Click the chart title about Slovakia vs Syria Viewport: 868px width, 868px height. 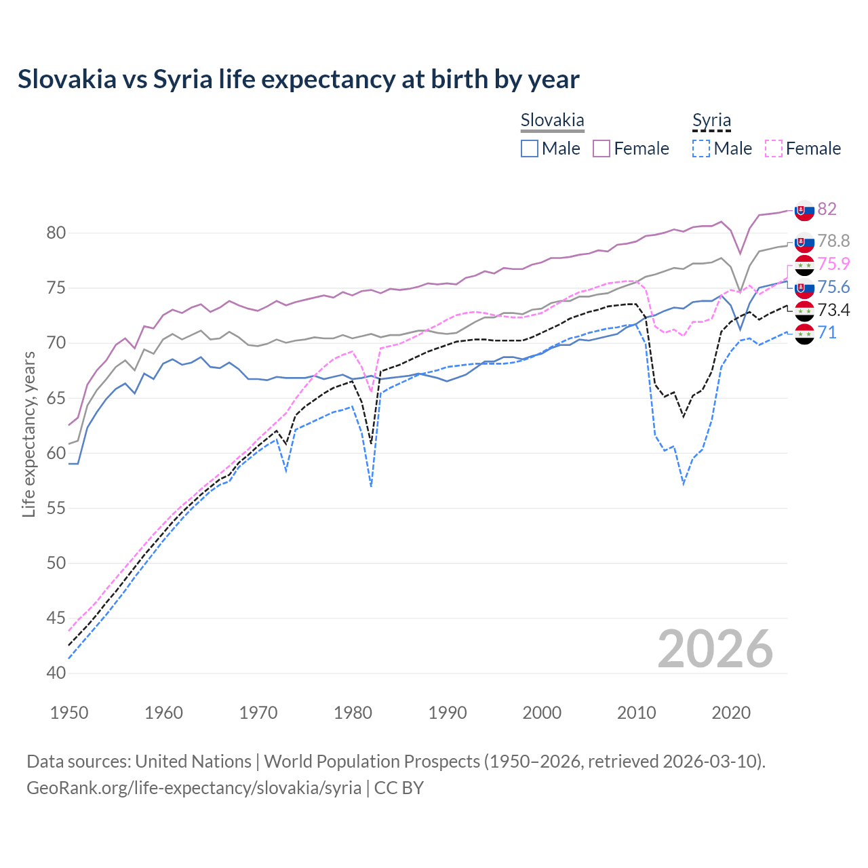[298, 79]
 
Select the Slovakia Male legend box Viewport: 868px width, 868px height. [530, 149]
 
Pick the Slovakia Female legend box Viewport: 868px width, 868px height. [601, 149]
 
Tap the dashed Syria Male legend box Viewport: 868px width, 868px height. [701, 149]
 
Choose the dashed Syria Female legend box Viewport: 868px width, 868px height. [774, 149]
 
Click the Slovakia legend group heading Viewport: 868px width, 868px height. [552, 121]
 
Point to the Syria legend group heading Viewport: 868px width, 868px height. [711, 121]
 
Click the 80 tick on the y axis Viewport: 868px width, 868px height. [56, 233]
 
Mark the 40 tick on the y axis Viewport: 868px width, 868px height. [56, 673]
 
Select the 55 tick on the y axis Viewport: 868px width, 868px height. [56, 509]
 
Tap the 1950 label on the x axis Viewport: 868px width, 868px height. [69, 713]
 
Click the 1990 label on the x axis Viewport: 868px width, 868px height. [448, 713]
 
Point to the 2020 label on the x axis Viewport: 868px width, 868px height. [731, 713]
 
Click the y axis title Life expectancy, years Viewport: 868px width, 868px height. [28, 434]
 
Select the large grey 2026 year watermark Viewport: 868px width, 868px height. [715, 649]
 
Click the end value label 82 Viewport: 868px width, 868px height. [827, 209]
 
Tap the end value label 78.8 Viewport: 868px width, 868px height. [833, 241]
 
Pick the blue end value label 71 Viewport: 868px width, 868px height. [827, 332]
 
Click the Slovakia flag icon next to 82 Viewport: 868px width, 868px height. [804, 210]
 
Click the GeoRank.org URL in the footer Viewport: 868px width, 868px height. [194, 788]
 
